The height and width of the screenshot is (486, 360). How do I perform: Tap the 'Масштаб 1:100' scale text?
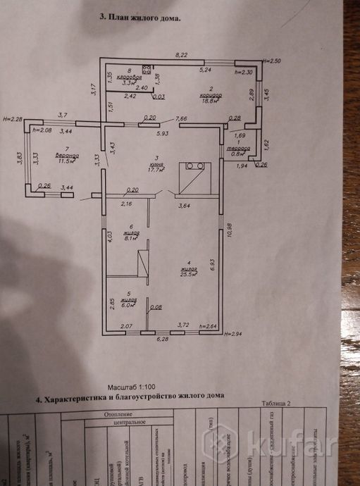130,388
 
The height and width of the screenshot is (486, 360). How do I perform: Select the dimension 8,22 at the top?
182,54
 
